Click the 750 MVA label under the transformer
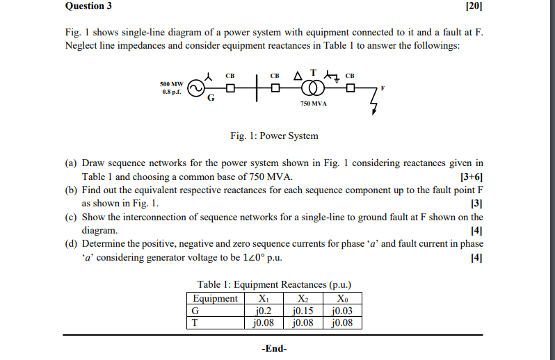(314, 104)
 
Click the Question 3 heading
(88, 7)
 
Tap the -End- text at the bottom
(273, 348)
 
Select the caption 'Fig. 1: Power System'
(275, 136)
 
